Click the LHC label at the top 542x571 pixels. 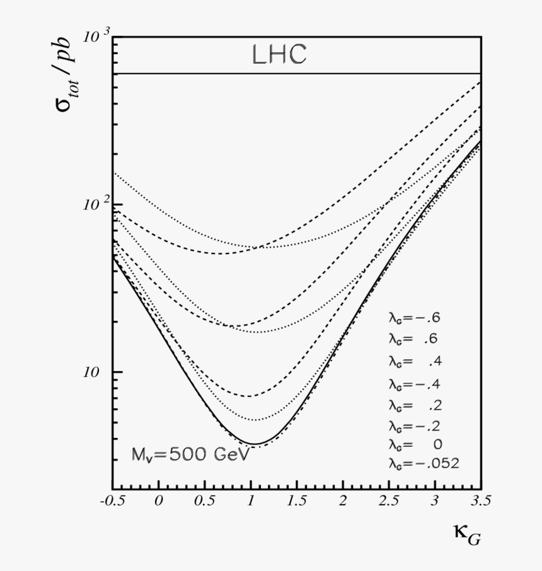coord(279,55)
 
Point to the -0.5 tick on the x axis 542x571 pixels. coord(113,501)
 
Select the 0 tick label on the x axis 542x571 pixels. coord(159,501)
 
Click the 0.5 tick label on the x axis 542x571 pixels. coord(204,501)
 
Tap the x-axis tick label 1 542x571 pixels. coord(251,501)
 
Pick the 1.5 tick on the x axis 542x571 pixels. coord(297,501)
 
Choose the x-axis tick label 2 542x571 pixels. coord(343,501)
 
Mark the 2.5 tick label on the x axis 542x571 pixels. coord(389,501)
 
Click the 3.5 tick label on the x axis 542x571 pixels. coord(480,501)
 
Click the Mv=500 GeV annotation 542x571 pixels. coord(190,454)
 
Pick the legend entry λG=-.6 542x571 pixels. coord(419,317)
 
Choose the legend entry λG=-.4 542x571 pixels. coord(419,383)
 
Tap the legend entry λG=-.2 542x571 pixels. coord(419,424)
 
